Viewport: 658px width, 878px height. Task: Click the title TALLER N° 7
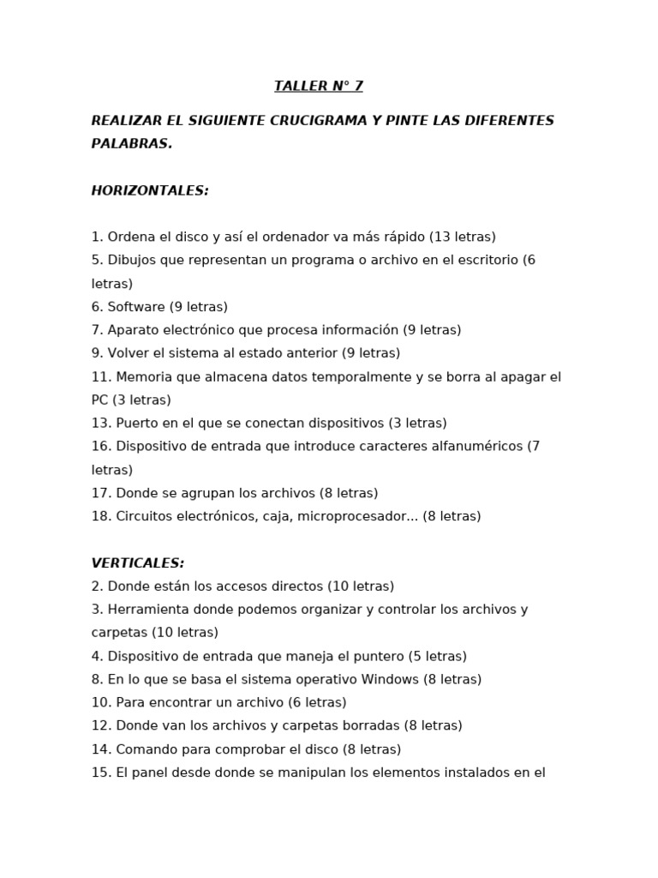pos(319,86)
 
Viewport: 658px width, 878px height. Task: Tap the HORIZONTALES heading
pos(150,190)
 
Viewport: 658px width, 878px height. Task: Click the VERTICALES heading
pos(138,563)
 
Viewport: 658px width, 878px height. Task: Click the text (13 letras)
pos(463,237)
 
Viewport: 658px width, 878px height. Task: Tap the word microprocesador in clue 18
pos(347,516)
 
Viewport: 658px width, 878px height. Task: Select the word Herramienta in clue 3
pos(145,610)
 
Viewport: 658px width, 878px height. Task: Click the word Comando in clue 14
pos(142,749)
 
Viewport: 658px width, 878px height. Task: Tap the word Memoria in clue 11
pos(142,376)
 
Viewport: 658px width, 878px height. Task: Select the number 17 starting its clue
pos(99,493)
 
